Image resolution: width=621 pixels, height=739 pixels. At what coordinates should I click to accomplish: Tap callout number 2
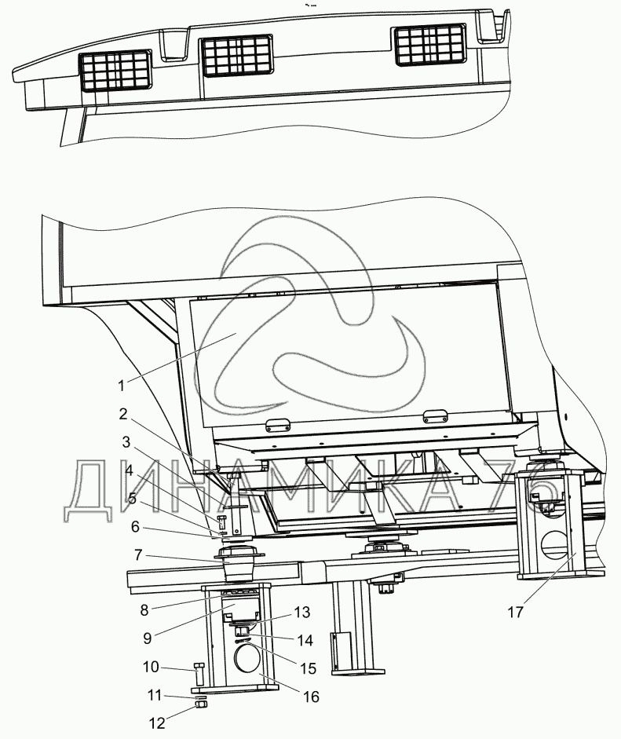123,414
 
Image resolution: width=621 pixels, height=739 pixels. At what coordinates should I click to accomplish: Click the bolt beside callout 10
198,674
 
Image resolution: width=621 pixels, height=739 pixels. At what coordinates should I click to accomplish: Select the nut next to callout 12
200,706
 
